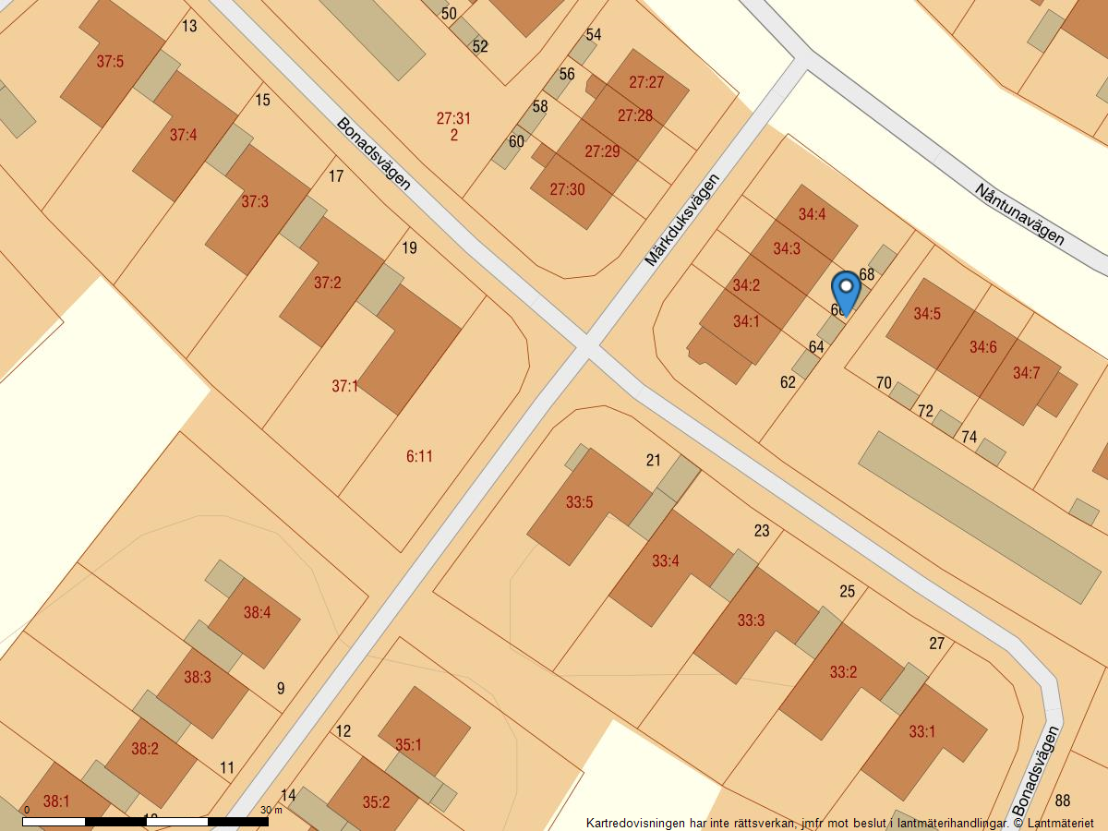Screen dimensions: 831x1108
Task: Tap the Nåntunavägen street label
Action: coord(1019,213)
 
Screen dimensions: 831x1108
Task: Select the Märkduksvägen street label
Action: coord(681,220)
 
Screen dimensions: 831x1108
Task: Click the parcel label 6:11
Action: coord(419,456)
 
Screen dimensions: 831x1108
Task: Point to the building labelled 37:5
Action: coord(110,62)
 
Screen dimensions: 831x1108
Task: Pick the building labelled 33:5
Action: coord(579,503)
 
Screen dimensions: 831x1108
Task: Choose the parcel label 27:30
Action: coord(567,189)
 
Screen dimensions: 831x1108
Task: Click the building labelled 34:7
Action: coord(1026,374)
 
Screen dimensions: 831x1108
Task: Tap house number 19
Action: coord(410,247)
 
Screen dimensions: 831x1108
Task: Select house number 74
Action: coord(969,437)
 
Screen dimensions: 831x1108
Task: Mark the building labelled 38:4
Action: coord(257,612)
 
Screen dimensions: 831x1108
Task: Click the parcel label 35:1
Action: coord(408,744)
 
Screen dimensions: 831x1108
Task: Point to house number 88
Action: coord(1063,801)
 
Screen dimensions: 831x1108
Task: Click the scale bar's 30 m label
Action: coord(271,811)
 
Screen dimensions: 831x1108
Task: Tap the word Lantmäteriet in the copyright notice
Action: coord(1060,823)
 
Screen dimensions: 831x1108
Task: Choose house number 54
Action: coord(594,35)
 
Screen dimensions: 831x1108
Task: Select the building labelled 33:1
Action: coord(921,732)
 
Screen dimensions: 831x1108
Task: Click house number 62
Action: coord(788,382)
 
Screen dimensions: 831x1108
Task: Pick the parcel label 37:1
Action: coord(345,386)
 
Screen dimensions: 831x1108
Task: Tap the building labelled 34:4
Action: coord(812,215)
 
